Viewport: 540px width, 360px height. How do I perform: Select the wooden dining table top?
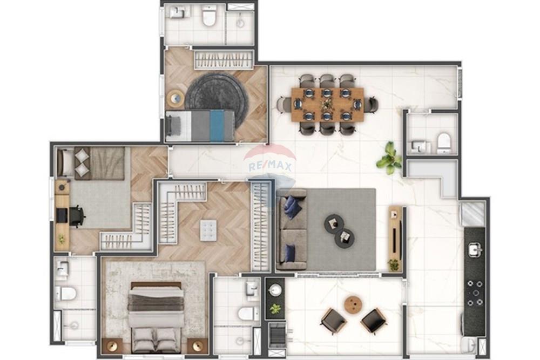pos(327,104)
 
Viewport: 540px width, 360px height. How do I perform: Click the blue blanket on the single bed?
pos(217,126)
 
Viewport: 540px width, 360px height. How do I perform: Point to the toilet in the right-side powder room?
pos(443,142)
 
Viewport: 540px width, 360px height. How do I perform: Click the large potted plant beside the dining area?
pos(389,158)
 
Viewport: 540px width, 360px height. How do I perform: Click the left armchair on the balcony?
pos(333,321)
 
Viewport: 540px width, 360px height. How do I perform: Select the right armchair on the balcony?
pos(374,321)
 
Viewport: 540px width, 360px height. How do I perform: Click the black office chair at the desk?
pos(76,216)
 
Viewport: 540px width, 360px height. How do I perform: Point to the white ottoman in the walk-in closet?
pos(208,230)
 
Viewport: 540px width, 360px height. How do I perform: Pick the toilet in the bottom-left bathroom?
pos(66,294)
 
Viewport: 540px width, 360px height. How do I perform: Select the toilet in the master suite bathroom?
pos(248,313)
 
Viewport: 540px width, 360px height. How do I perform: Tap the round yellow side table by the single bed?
pos(175,99)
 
